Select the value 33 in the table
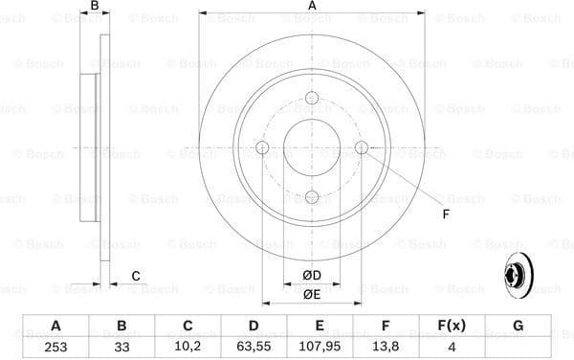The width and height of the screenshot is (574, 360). [x=121, y=347]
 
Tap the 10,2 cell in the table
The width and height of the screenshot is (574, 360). [x=188, y=347]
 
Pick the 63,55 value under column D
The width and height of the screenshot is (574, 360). [x=254, y=347]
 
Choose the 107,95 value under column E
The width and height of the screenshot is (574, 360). [x=320, y=347]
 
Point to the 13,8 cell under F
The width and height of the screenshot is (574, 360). [x=386, y=347]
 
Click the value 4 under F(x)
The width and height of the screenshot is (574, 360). [x=453, y=347]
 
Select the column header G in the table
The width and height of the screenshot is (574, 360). [x=518, y=326]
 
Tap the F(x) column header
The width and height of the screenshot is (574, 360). [x=453, y=326]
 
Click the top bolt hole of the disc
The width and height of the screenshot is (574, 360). [x=312, y=97]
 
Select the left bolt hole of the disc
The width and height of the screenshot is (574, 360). [x=262, y=146]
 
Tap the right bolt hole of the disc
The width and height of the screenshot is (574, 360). [x=362, y=146]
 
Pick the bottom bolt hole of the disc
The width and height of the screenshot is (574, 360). [x=312, y=196]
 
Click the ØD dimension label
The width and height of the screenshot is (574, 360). [x=312, y=276]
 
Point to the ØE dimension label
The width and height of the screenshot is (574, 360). [x=312, y=294]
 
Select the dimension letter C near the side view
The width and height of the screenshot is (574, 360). [x=136, y=276]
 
